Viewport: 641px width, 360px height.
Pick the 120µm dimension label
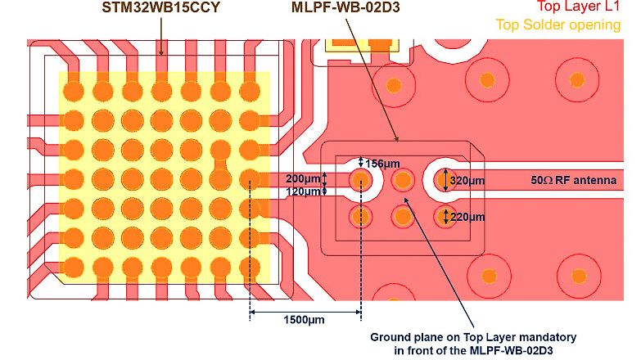pos(302,191)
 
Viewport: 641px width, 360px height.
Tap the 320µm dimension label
pos(468,180)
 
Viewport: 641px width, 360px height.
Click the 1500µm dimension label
pos(304,319)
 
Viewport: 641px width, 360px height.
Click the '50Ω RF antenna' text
pos(574,180)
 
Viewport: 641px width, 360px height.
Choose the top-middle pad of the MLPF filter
pos(402,179)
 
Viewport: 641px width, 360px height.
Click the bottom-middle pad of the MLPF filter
pos(402,216)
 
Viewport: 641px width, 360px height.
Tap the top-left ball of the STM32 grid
pos(74,88)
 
